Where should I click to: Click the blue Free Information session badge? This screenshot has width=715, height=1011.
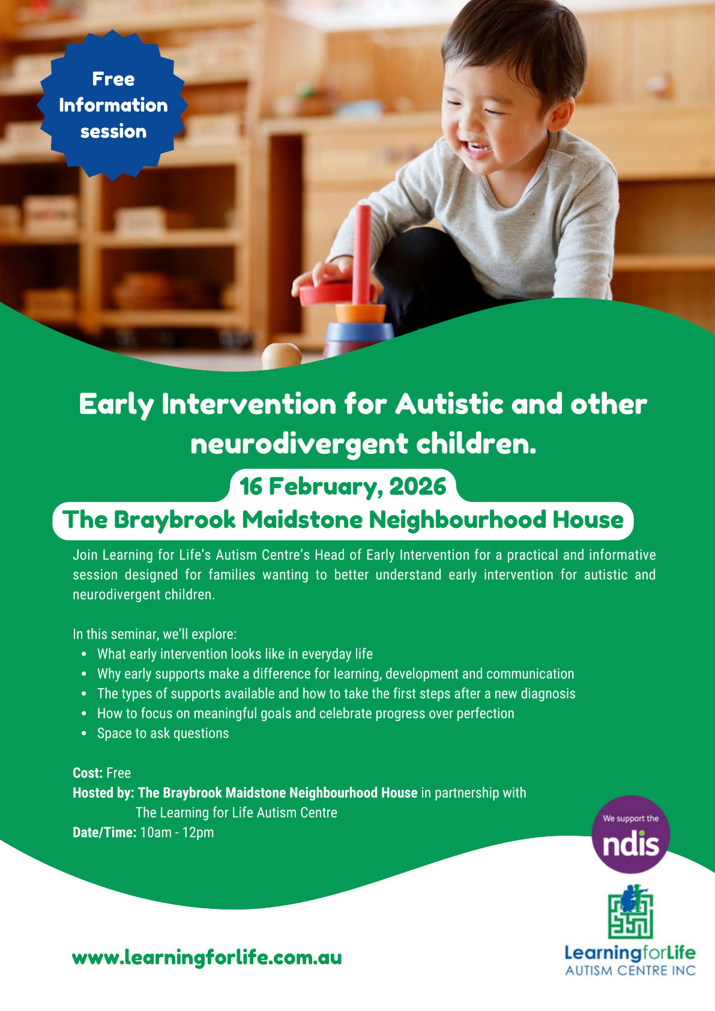112,105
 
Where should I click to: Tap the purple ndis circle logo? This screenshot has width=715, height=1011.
630,834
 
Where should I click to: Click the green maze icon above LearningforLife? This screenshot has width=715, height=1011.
630,912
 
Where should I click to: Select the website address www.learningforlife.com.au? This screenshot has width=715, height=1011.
207,958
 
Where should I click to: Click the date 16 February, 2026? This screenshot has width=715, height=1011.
343,486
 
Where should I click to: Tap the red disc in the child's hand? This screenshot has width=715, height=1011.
336,293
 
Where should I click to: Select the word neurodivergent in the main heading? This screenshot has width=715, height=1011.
300,444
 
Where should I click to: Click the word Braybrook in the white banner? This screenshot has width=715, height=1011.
174,520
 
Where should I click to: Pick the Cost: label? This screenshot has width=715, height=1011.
88,773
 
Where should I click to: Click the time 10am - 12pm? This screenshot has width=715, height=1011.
177,833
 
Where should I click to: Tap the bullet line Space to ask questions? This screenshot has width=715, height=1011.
163,734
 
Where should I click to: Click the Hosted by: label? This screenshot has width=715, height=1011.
103,793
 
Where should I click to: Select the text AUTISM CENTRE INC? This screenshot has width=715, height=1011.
630,970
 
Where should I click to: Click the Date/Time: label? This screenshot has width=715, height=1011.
104,833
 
